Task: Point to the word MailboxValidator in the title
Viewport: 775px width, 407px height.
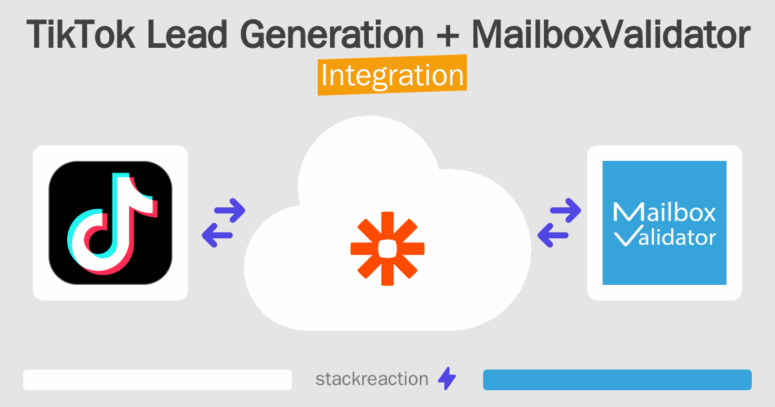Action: (610, 36)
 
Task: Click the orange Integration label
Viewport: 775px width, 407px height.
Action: (392, 76)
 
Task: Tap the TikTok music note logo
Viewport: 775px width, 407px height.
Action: (110, 222)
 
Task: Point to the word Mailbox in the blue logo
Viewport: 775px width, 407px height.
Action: (664, 213)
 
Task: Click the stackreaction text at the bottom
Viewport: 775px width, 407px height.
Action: (371, 379)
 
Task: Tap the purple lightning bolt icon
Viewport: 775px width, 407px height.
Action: (447, 379)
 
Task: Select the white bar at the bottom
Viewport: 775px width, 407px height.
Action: (158, 380)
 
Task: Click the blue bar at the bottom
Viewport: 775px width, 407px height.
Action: (617, 380)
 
